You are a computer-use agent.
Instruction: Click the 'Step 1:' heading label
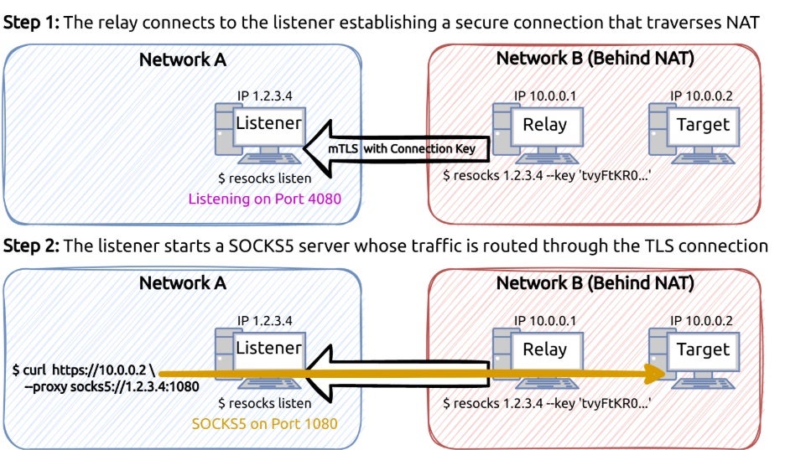(32, 23)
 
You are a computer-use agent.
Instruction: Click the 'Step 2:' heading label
(32, 246)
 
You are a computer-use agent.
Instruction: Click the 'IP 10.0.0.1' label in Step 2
(545, 319)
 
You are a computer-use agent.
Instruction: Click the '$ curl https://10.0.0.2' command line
(82, 370)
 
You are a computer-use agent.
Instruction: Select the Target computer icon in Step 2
(692, 352)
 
